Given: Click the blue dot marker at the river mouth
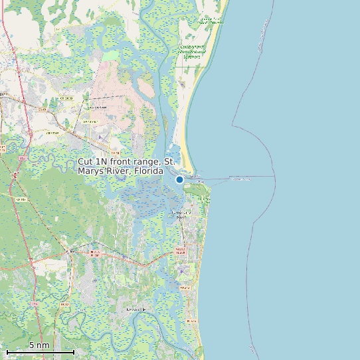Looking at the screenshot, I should (179, 179).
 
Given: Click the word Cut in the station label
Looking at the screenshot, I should (86, 162).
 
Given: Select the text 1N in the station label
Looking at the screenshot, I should (101, 162).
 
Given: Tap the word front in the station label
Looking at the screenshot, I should (120, 162).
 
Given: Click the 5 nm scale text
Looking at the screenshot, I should (39, 345).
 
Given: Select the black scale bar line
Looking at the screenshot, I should (40, 352).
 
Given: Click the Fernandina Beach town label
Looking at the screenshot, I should (181, 215).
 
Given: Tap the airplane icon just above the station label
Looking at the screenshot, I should (100, 137).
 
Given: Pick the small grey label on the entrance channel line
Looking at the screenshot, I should (240, 178).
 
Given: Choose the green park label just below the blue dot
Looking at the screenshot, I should (200, 189).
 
